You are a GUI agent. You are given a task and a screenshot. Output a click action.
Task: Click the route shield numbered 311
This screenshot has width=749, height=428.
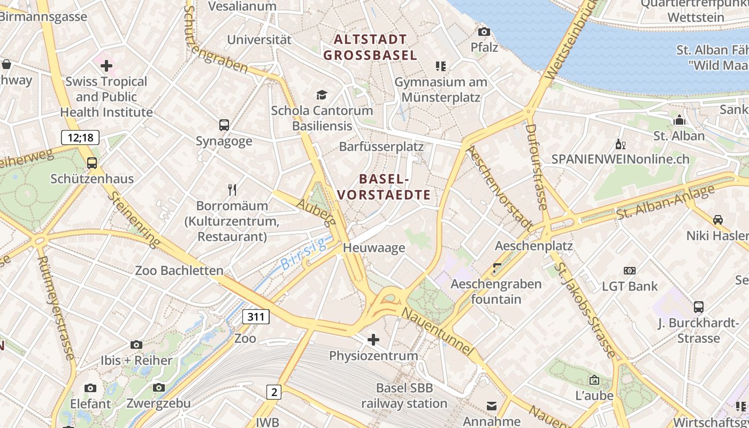coord(256,317)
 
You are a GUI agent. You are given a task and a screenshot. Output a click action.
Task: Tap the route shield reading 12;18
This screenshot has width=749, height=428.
coord(80,137)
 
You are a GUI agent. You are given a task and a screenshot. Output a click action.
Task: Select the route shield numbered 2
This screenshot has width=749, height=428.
coord(274,392)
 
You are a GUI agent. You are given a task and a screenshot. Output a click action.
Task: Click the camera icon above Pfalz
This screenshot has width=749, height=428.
coord(484,32)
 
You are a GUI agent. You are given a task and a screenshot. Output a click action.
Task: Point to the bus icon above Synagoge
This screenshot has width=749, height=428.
coord(224,125)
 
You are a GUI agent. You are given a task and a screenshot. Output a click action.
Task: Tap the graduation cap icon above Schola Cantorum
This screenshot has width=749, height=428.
coord(322,95)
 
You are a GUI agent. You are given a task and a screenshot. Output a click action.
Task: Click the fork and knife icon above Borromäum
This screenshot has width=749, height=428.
coord(232,189)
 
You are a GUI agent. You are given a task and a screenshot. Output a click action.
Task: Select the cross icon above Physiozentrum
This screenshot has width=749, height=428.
coord(373,339)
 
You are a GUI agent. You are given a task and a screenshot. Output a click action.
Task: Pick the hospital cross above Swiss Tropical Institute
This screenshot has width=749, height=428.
coord(106,66)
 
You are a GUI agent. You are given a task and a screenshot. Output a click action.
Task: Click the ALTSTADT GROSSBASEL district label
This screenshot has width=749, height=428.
coord(370,47)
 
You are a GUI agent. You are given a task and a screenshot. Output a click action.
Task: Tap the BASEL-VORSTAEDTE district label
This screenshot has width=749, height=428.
coord(384,187)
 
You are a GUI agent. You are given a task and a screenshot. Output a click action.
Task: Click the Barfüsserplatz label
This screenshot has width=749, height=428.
coord(381,147)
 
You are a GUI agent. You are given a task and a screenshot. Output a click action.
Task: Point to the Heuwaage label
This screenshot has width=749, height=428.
coord(374,248)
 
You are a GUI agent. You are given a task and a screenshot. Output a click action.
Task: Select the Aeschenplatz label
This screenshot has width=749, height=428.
coord(533,246)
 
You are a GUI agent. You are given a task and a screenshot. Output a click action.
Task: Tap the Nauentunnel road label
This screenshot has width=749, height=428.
coord(437,332)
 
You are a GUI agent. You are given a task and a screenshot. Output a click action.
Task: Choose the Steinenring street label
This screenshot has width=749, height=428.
coord(134,219)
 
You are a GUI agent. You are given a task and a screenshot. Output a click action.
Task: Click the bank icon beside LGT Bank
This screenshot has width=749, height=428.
coord(630,271)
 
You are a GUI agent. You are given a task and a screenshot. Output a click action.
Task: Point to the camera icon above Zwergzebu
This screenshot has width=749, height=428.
coord(158,387)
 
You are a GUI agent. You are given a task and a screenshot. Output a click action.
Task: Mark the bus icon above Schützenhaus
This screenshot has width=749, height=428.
coord(92,163)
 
